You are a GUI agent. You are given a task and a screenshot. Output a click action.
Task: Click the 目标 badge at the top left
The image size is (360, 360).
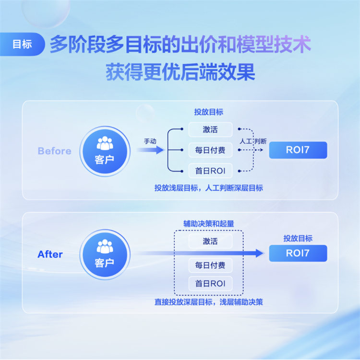pyautogui.click(x=22, y=44)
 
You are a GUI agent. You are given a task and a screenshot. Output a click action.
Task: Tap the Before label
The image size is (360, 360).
pyautogui.click(x=55, y=151)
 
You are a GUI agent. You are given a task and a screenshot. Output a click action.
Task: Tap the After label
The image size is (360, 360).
pyautogui.click(x=50, y=255)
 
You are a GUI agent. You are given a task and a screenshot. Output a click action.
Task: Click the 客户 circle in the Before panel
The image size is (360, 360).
pyautogui.click(x=105, y=151)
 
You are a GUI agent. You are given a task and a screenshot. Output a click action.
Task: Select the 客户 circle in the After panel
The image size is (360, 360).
pyautogui.click(x=105, y=255)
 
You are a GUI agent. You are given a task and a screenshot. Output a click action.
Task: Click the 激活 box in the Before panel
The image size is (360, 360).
pyautogui.click(x=210, y=129)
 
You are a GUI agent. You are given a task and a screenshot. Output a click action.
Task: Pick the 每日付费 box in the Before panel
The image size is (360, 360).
pyautogui.click(x=210, y=150)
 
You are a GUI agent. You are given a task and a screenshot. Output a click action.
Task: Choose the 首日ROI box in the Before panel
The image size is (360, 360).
pyautogui.click(x=210, y=171)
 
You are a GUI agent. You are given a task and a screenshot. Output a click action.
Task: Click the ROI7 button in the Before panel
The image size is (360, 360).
pyautogui.click(x=298, y=150)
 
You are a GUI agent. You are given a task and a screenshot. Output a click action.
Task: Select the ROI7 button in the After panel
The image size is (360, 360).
pyautogui.click(x=298, y=253)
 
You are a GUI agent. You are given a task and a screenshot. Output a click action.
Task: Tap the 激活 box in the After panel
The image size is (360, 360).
pyautogui.click(x=210, y=241)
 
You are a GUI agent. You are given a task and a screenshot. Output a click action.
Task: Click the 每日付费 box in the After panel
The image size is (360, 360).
pyautogui.click(x=210, y=266)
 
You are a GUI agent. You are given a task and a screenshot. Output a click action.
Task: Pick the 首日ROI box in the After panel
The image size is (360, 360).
pyautogui.click(x=210, y=284)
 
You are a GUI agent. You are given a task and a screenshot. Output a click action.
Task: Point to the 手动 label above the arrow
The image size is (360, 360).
pyautogui.click(x=150, y=141)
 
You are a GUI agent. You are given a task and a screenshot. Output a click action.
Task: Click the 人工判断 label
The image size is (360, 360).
pyautogui.click(x=253, y=141)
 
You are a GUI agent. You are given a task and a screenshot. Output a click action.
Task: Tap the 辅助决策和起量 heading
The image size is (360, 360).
pyautogui.click(x=209, y=224)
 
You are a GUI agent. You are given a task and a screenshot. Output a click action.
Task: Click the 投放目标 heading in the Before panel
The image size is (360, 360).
pyautogui.click(x=209, y=112)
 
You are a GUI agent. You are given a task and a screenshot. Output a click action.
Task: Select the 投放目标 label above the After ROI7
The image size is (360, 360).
pyautogui.click(x=298, y=238)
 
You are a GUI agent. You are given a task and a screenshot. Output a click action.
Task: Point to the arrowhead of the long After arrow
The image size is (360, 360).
pyautogui.click(x=263, y=253)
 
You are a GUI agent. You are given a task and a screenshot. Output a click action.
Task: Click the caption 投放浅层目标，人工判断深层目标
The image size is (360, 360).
pyautogui.click(x=209, y=188)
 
